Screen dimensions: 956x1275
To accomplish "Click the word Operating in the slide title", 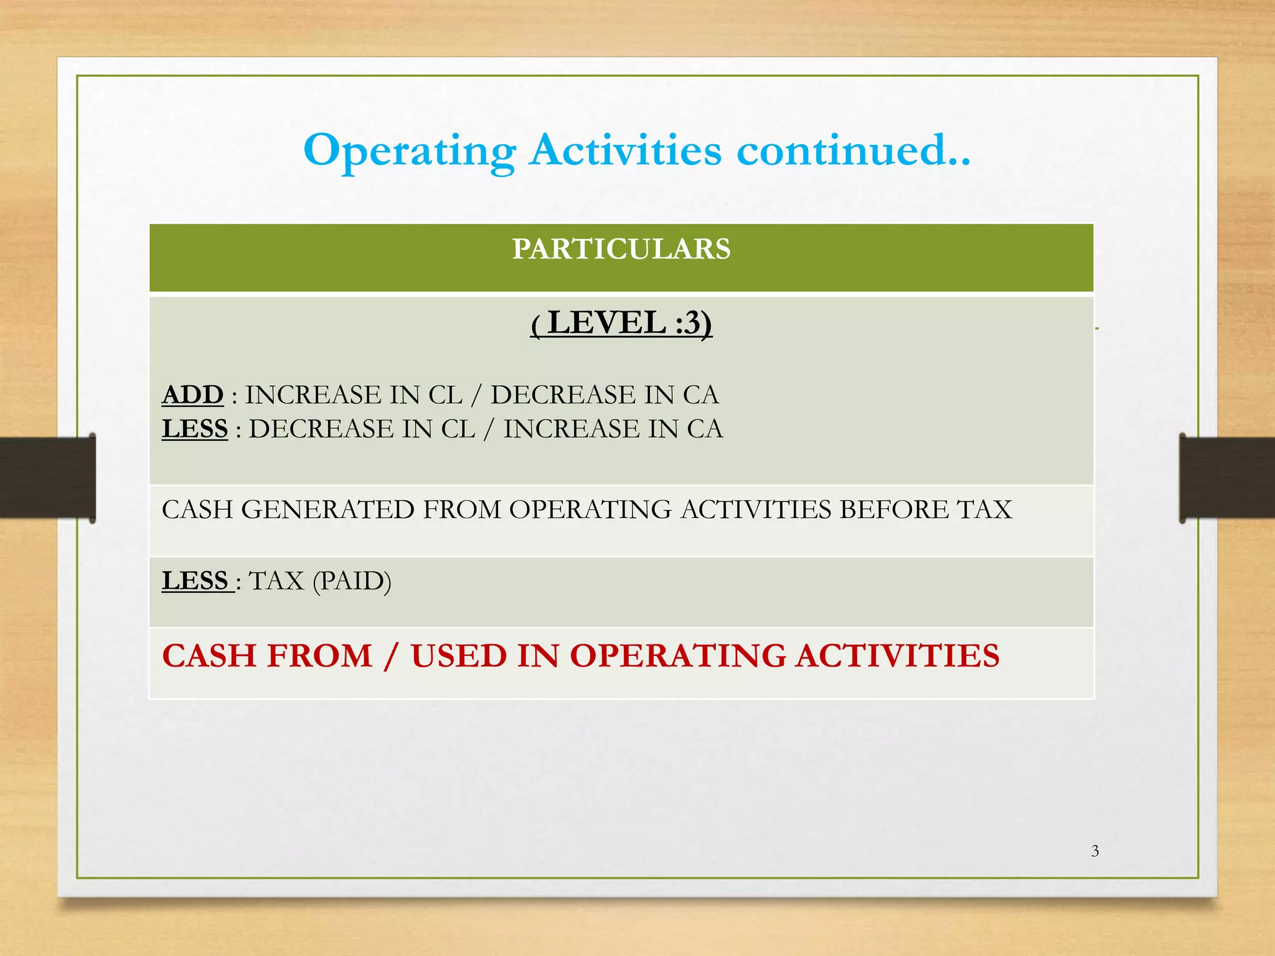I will click(410, 151).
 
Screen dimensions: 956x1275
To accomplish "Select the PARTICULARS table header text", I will click(621, 249).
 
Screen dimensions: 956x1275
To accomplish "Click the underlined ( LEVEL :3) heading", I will click(621, 323).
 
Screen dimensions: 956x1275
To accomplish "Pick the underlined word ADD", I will click(192, 395).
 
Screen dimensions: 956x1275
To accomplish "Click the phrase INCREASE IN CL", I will click(354, 395).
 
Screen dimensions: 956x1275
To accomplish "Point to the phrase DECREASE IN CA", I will click(605, 395).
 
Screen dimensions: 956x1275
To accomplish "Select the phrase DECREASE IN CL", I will click(362, 429).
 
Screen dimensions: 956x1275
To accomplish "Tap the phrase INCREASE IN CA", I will click(613, 429).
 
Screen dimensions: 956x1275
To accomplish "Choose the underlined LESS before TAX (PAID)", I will click(195, 581).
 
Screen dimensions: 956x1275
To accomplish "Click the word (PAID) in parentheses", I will click(352, 581).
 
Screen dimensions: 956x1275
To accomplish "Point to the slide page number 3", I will click(1095, 851).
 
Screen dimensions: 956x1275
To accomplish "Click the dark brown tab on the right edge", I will click(1226, 478).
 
